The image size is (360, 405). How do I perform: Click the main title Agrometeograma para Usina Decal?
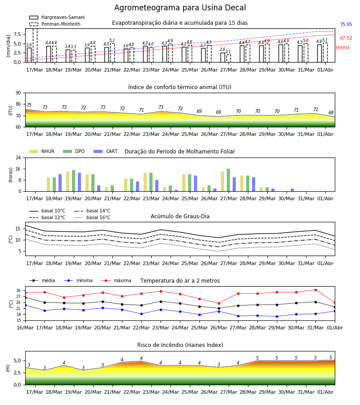[x=180, y=8]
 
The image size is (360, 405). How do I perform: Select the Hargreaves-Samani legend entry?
[x=57, y=17]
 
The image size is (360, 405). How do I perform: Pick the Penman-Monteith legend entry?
[x=55, y=24]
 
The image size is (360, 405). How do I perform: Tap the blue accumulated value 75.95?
[x=346, y=25]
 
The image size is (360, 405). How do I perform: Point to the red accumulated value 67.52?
[x=346, y=38]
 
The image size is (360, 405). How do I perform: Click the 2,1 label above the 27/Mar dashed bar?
[x=228, y=52]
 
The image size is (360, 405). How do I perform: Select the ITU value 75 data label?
[x=29, y=105]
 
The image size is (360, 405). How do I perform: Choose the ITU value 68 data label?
[x=331, y=112]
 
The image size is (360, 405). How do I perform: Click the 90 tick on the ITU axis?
[x=18, y=93]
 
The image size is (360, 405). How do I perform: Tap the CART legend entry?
[x=106, y=151]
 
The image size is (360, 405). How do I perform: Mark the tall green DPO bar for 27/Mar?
[x=228, y=180]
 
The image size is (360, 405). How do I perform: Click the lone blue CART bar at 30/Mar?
[x=292, y=190]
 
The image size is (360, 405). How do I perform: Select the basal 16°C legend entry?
[x=92, y=217]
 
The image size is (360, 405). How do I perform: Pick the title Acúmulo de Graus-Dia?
[x=180, y=216]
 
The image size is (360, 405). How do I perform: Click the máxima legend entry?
[x=116, y=280]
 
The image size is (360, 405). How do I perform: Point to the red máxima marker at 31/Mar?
[x=315, y=290]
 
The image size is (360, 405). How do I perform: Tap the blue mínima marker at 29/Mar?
[x=277, y=316]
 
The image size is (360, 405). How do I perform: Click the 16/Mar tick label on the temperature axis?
[x=25, y=328]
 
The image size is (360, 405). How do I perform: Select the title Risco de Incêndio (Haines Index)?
[x=180, y=345]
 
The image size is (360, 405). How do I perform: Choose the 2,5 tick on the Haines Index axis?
[x=17, y=373]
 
